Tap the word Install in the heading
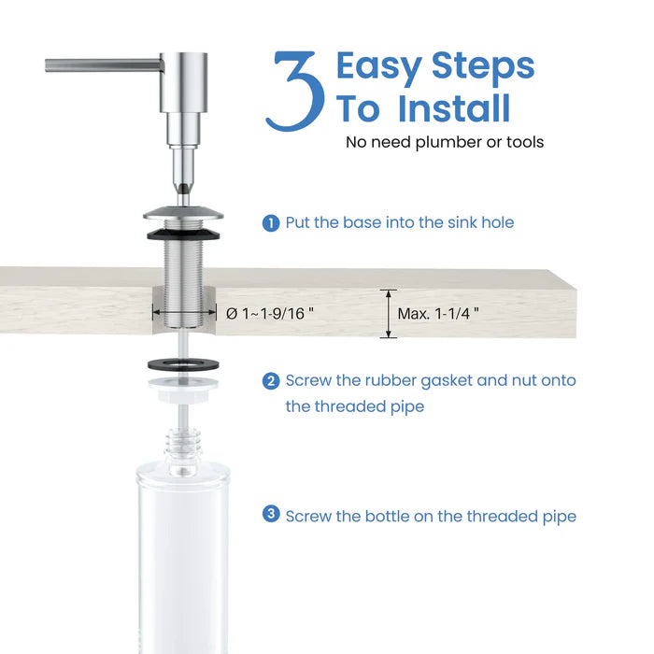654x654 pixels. click(x=454, y=108)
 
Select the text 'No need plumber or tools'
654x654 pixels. click(x=444, y=142)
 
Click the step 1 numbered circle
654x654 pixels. click(x=271, y=223)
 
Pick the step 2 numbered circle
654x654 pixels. click(x=271, y=381)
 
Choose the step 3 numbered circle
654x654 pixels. click(x=271, y=514)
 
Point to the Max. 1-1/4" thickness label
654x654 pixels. click(x=438, y=314)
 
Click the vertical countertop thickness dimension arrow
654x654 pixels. click(x=386, y=313)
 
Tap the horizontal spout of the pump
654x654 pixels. click(x=103, y=64)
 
